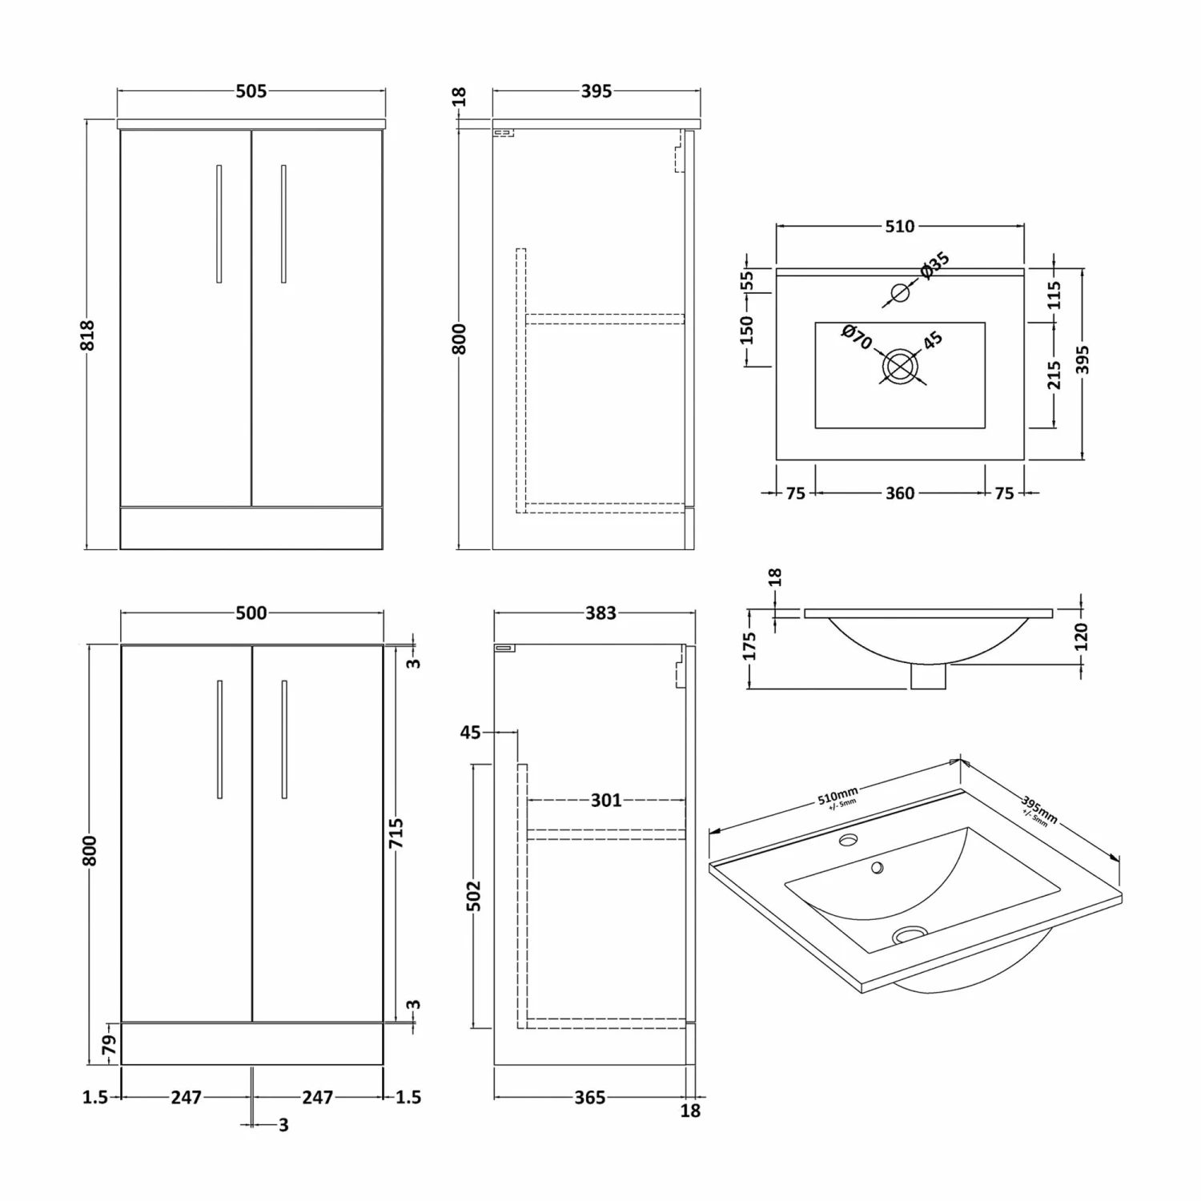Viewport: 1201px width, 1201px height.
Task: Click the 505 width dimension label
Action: point(251,91)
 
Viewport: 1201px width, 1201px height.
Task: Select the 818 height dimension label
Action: point(87,335)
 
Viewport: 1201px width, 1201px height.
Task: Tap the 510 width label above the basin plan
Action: point(899,227)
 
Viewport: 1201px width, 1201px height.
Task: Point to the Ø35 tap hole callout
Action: point(934,265)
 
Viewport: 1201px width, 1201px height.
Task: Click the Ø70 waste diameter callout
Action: point(856,336)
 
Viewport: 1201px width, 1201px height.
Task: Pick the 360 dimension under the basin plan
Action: point(899,493)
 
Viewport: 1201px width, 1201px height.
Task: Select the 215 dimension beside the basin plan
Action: point(1054,375)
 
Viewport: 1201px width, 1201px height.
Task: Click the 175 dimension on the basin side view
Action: point(749,646)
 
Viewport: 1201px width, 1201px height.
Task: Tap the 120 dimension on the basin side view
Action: point(1081,637)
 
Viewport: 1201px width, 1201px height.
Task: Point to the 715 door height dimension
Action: point(396,833)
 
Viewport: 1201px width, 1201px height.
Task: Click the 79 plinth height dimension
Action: point(109,1045)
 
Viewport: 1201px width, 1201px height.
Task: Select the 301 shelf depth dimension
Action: point(605,800)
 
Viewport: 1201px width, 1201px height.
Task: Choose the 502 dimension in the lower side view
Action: point(473,895)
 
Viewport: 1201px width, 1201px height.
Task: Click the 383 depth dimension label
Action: point(600,613)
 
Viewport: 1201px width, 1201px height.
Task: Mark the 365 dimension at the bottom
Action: point(589,1098)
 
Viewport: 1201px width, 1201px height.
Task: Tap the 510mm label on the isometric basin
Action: point(837,797)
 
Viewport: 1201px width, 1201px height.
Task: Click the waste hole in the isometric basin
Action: point(908,933)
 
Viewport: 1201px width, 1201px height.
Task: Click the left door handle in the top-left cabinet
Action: point(219,224)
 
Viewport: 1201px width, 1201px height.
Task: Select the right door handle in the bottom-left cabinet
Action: point(284,739)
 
